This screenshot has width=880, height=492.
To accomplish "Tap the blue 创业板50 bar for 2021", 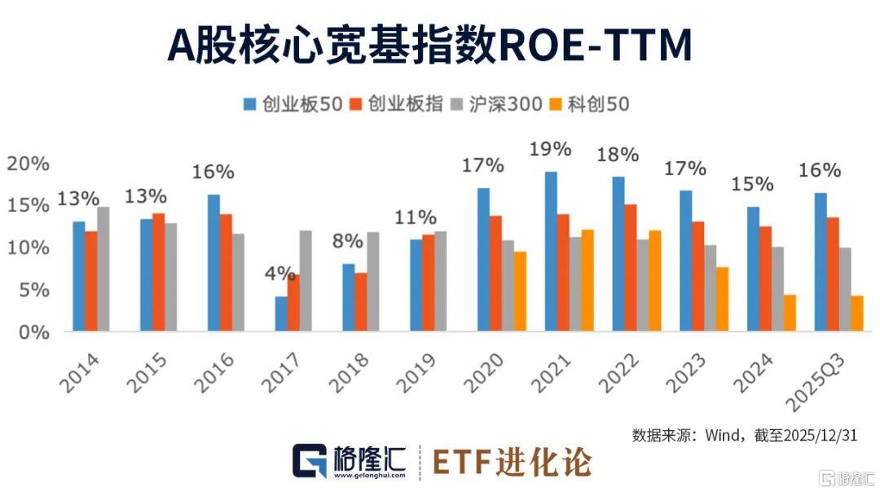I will coord(551,251).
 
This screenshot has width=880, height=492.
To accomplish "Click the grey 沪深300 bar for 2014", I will coord(103,269).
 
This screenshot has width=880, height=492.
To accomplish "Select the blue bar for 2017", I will coord(281,314).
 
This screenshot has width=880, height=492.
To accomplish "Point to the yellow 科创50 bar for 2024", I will coord(789,313).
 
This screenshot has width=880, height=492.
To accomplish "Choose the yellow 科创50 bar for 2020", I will coord(520,291).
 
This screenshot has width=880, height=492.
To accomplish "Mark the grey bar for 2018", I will coord(373,281).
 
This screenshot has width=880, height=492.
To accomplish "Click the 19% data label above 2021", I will coord(550,150).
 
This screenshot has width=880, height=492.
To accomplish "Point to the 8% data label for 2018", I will coord(349,242).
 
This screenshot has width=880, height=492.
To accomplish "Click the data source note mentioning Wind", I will coord(744,435).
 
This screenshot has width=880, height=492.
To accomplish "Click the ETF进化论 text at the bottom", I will coord(511,461).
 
